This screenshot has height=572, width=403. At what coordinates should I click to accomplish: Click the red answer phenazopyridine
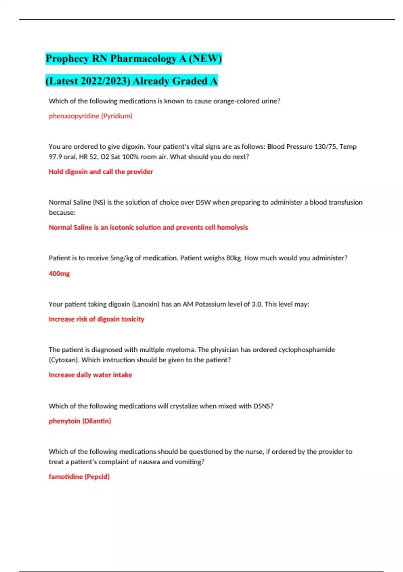[x=74, y=116]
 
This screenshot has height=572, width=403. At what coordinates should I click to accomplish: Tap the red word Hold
[x=56, y=172]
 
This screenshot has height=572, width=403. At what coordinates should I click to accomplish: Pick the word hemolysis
[x=232, y=227]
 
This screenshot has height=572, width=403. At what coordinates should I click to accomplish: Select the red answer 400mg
[x=59, y=274]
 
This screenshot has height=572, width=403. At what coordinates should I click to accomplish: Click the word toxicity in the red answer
[x=133, y=319]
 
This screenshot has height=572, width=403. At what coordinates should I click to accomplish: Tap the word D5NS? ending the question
[x=263, y=406]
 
